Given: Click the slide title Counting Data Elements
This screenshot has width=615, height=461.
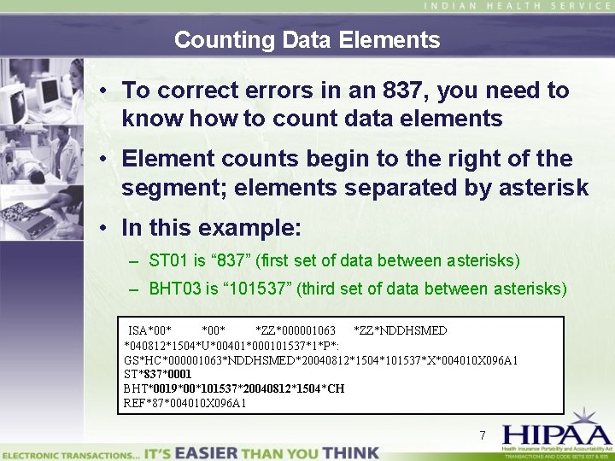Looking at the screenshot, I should tap(307, 39).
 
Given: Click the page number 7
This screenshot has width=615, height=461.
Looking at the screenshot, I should tap(483, 435).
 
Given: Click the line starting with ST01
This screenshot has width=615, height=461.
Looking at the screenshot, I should tap(334, 260).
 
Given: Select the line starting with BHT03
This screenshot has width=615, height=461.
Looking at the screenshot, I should tap(358, 289).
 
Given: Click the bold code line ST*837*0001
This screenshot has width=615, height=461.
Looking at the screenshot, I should tap(158, 374).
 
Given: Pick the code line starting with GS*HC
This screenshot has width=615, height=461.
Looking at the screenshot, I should tap(320, 359).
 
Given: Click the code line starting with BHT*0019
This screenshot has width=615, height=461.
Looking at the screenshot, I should tap(234, 388).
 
